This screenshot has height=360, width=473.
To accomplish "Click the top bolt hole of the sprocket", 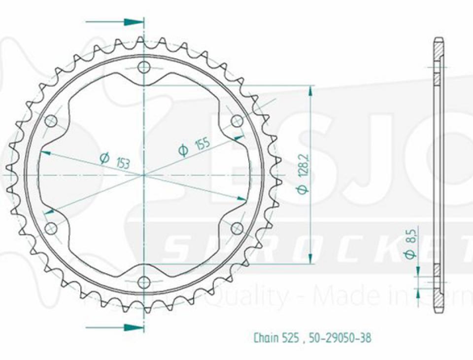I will coord(143,68).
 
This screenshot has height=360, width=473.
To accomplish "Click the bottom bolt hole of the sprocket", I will coord(143,283).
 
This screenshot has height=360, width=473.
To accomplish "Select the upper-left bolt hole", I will coord(51,121).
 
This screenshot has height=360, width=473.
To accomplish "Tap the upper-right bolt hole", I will coord(237,121).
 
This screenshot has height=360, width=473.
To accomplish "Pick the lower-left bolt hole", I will coord(51,228).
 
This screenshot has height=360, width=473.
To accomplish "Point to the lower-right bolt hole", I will coord(237,228).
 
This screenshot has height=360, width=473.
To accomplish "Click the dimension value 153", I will coord(123,162).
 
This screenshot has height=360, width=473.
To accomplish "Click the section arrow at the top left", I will coord(132,22).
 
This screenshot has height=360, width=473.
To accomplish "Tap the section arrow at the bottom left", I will coord(132,327).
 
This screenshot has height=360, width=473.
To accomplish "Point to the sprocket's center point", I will coord(143,175).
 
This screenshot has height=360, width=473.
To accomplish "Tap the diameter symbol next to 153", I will coord(104,158).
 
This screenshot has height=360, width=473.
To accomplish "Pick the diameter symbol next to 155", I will coord(183,150).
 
